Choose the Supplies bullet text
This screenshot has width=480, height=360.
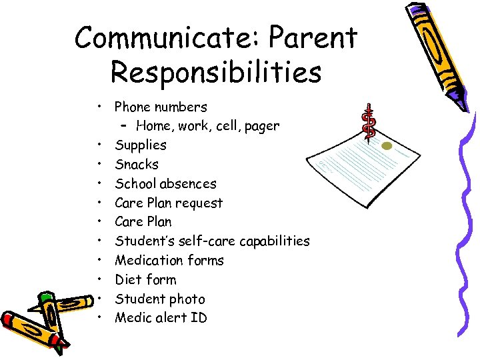click(141, 145)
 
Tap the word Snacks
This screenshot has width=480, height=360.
click(137, 164)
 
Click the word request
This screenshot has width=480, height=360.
click(199, 203)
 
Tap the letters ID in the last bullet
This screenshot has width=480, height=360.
click(199, 317)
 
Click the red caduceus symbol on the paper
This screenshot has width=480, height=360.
click(368, 122)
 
